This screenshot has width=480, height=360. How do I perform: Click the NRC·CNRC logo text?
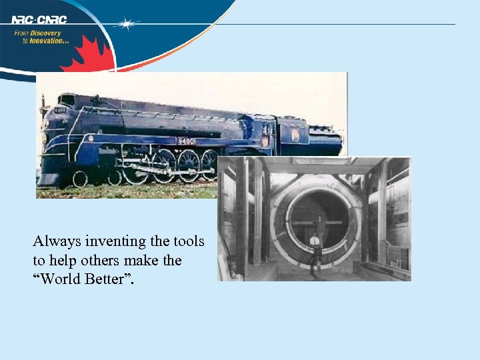point(39,19)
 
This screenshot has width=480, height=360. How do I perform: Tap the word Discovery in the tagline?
point(47,33)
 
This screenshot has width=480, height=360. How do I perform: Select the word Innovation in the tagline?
point(49,41)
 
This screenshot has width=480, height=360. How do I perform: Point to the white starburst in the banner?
point(126,24)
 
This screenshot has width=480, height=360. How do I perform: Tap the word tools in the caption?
point(189,241)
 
